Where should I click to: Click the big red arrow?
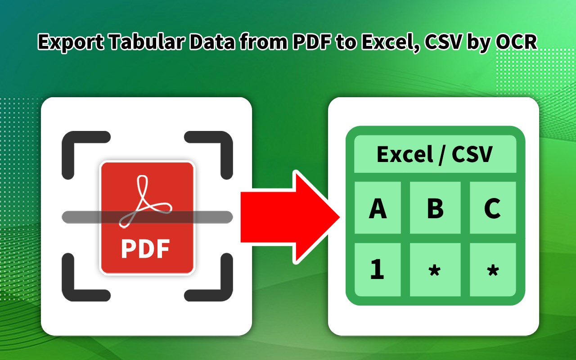(x=288, y=216)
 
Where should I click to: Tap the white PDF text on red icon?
(x=145, y=249)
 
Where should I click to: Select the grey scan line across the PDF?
(x=81, y=217)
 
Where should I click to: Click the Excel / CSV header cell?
(x=435, y=154)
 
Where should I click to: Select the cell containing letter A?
(x=378, y=208)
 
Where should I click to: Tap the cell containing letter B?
(x=435, y=208)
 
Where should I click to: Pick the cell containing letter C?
(x=492, y=208)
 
